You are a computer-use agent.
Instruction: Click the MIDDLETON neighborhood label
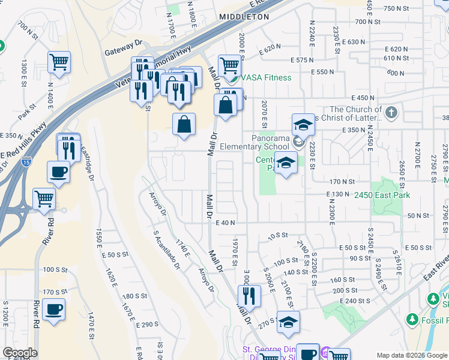244,17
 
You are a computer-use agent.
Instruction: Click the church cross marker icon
391,112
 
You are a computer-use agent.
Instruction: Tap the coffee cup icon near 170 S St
53,310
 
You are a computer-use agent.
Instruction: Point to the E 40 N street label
224,223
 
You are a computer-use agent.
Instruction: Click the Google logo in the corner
20,353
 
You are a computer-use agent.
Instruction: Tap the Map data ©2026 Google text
412,355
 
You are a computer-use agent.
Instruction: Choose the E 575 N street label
302,60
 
